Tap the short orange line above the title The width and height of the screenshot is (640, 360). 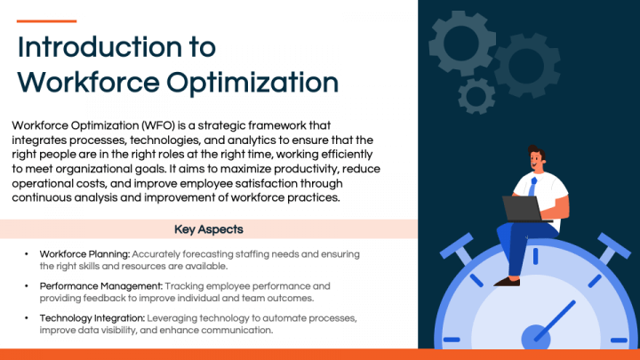47,20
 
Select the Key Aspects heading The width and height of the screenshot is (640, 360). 209,229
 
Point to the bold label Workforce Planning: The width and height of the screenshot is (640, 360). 84,254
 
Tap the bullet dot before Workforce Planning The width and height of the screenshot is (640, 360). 27,254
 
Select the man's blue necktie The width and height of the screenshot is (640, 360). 532,186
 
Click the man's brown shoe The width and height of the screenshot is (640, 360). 506,280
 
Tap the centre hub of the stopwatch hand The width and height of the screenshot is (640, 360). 534,336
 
